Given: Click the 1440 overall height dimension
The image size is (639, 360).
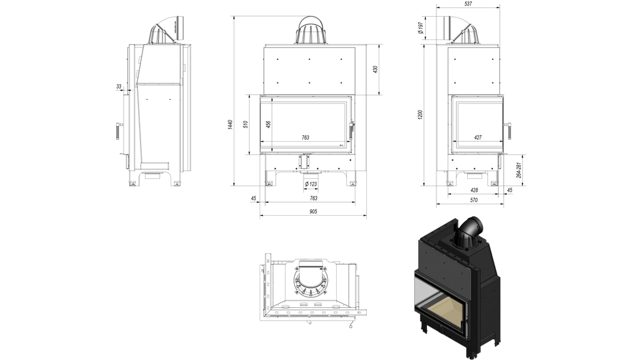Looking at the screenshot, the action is pos(230,125).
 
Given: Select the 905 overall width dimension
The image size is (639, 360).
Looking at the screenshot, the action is pos(313,211).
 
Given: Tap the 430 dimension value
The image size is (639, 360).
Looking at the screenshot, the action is pos(376,70).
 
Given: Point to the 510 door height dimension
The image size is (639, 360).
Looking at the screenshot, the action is pos(245,124).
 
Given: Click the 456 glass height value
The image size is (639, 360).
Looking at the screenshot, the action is pos(268,124).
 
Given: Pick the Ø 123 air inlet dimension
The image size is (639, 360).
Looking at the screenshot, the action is pos(311,184).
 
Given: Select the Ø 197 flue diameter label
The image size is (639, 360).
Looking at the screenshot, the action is pos(421,28).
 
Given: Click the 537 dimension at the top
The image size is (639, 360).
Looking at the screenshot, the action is pos(468,4).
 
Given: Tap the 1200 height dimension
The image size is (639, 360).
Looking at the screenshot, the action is pos(420,114).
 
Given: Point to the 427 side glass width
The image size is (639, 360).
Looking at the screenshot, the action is pos(478,137).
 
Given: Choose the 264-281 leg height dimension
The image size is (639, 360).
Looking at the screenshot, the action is pos(519,170).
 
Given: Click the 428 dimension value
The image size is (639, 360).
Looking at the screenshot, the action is pos(474,190).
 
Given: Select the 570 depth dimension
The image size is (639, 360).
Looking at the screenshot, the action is pos(473,200).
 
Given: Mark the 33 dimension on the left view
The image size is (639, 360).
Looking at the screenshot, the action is pos(119,87).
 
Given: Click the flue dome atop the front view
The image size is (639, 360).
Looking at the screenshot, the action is pos(311,31).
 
